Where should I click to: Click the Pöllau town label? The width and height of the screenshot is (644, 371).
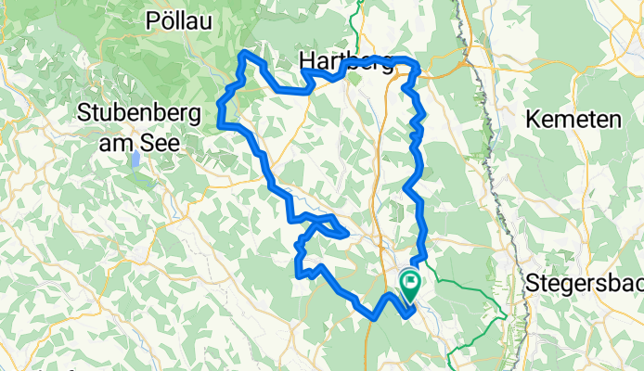(x=182, y=19)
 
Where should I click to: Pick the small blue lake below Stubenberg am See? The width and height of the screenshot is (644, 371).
(x=135, y=160)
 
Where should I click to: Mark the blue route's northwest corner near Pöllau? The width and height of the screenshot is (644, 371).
(x=244, y=55)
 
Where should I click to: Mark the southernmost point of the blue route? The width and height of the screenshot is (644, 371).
(x=374, y=316)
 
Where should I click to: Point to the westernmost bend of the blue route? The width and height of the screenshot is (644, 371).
(x=219, y=122)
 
